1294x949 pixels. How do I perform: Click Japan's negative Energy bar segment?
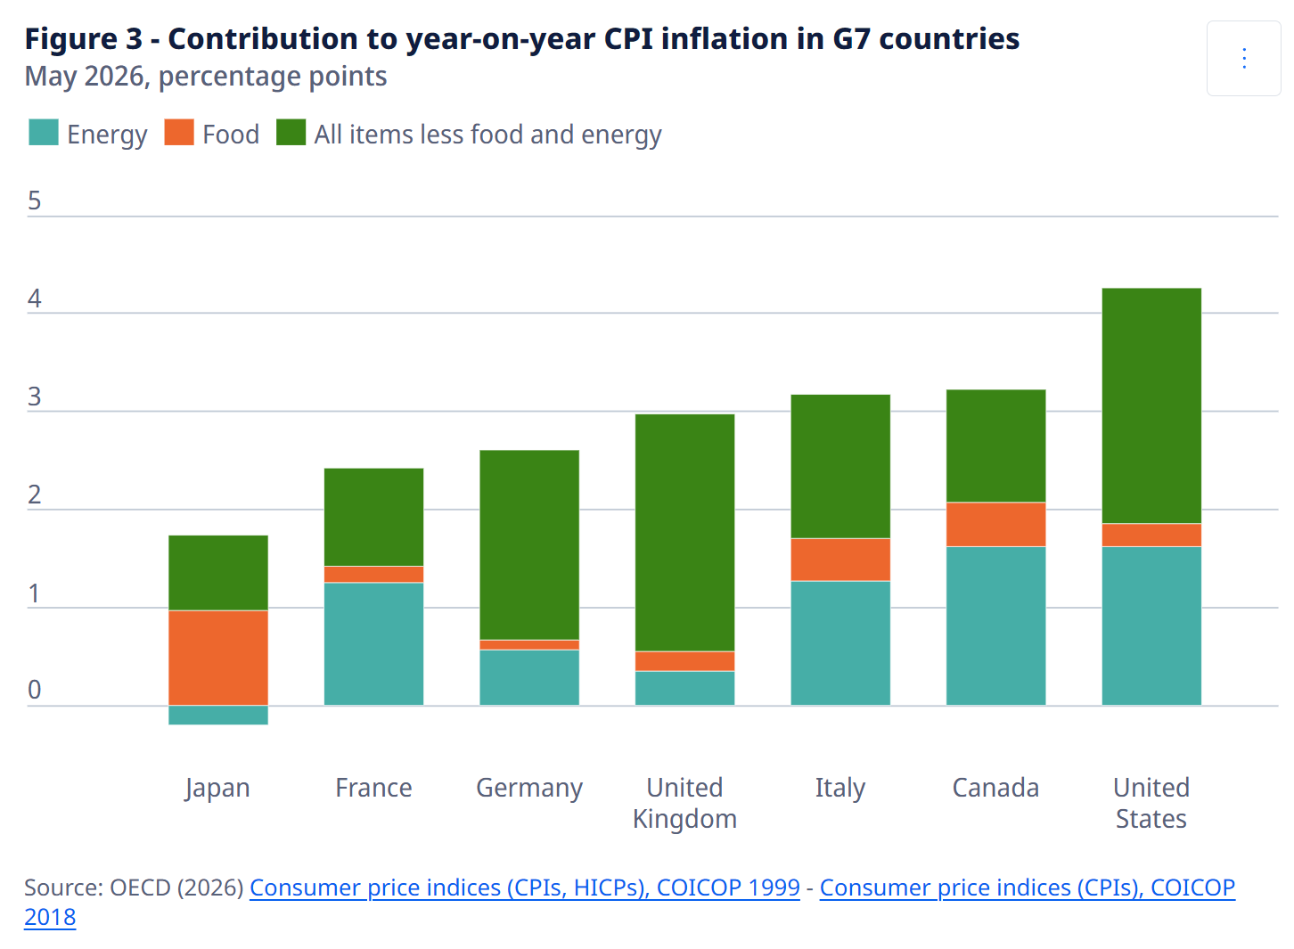click(218, 716)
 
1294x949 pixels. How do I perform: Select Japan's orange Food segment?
click(218, 659)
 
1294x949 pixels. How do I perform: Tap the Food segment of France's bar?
click(373, 575)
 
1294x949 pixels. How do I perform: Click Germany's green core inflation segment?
click(529, 545)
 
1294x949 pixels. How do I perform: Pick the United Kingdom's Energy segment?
click(684, 689)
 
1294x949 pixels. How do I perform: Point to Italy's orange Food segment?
click(840, 560)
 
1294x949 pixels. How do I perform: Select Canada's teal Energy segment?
click(996, 626)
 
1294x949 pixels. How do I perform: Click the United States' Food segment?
click(1151, 536)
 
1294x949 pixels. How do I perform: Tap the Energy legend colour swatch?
click(44, 132)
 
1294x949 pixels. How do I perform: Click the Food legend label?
click(231, 135)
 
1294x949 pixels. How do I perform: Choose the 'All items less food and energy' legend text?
click(487, 135)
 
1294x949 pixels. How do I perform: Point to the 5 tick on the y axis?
click(34, 200)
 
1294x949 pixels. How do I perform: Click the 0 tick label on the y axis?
click(34, 690)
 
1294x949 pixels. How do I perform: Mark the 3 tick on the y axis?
click(34, 397)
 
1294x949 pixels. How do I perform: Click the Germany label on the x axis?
click(529, 789)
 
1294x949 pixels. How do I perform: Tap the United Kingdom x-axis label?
click(684, 804)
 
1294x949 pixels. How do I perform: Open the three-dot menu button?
click(1244, 58)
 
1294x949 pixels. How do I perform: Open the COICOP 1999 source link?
click(525, 888)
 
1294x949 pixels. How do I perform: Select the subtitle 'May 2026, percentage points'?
click(206, 77)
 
